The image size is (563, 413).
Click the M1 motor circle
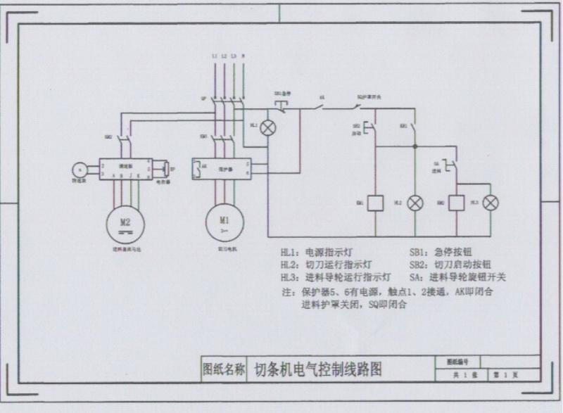[224, 222]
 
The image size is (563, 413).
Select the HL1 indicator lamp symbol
[267, 128]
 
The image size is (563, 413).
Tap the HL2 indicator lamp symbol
[415, 203]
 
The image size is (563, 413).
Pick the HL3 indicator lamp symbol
[491, 203]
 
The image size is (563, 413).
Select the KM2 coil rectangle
[455, 203]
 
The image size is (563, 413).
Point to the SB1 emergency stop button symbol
[281, 104]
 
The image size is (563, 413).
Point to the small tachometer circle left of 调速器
[80, 168]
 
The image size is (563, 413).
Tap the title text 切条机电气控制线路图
[318, 369]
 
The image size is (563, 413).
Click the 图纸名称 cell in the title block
[224, 369]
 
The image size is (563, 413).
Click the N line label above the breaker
[243, 55]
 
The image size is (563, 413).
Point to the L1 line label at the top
[213, 55]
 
